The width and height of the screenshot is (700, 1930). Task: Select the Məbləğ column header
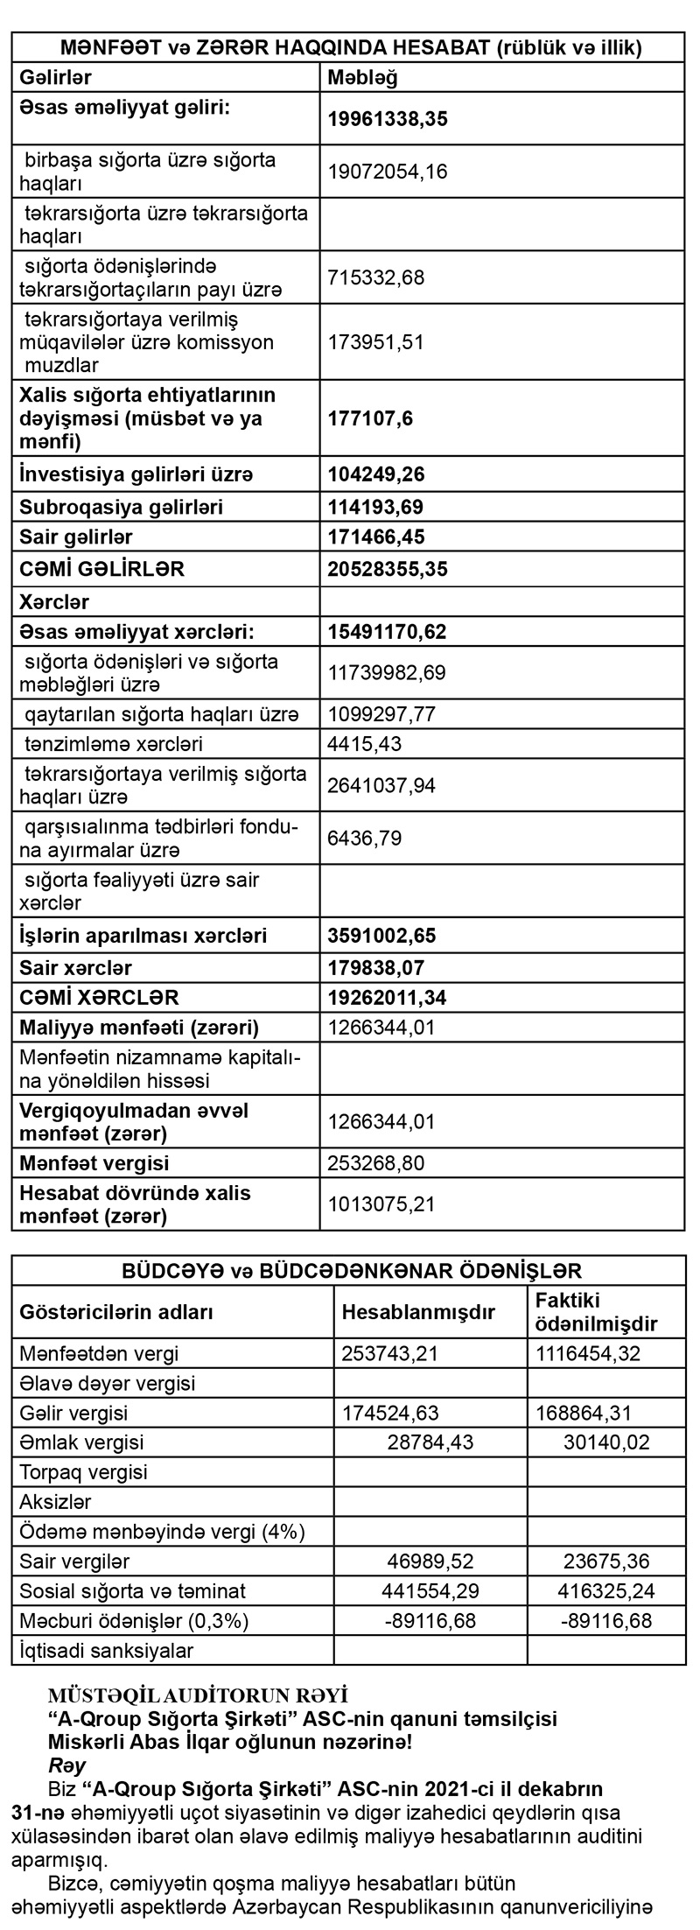pos(362,77)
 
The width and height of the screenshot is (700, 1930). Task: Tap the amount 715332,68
pos(375,277)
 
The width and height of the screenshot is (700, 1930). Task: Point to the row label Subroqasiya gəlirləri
pos(121,507)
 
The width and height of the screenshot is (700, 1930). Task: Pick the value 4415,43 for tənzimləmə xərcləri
pos(363,745)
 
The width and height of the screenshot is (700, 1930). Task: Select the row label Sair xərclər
pos(75,967)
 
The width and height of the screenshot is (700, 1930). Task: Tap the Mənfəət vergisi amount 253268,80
pos(375,1163)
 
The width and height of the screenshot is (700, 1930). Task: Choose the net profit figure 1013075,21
pos(381,1204)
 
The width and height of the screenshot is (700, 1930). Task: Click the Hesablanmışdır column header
pos(418,1312)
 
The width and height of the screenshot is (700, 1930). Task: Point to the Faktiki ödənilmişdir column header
pos(595,1311)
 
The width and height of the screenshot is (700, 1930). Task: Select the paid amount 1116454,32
pos(587,1354)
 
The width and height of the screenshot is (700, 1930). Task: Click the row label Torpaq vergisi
pos(83,1471)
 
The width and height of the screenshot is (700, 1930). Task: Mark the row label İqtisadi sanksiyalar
pos(106,1650)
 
